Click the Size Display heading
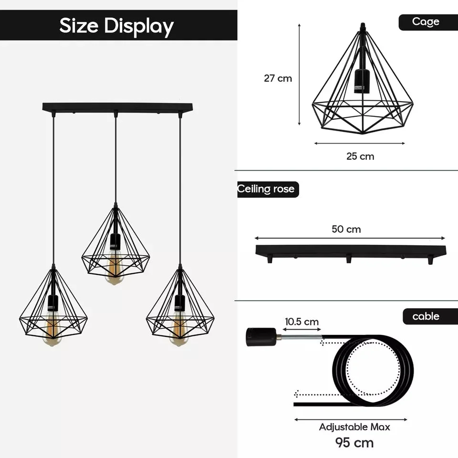point(116,26)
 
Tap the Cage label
point(426,22)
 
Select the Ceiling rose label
point(267,189)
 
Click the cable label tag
point(426,316)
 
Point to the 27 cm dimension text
point(278,78)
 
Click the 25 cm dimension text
point(360,156)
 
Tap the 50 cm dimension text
point(346,229)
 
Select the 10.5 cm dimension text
point(302,322)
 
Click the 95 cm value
point(354,442)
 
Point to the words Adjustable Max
point(354,427)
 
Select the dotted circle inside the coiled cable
point(373,367)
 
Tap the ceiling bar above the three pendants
point(117,107)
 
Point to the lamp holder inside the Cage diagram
point(362,80)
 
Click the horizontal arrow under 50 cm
point(350,238)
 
